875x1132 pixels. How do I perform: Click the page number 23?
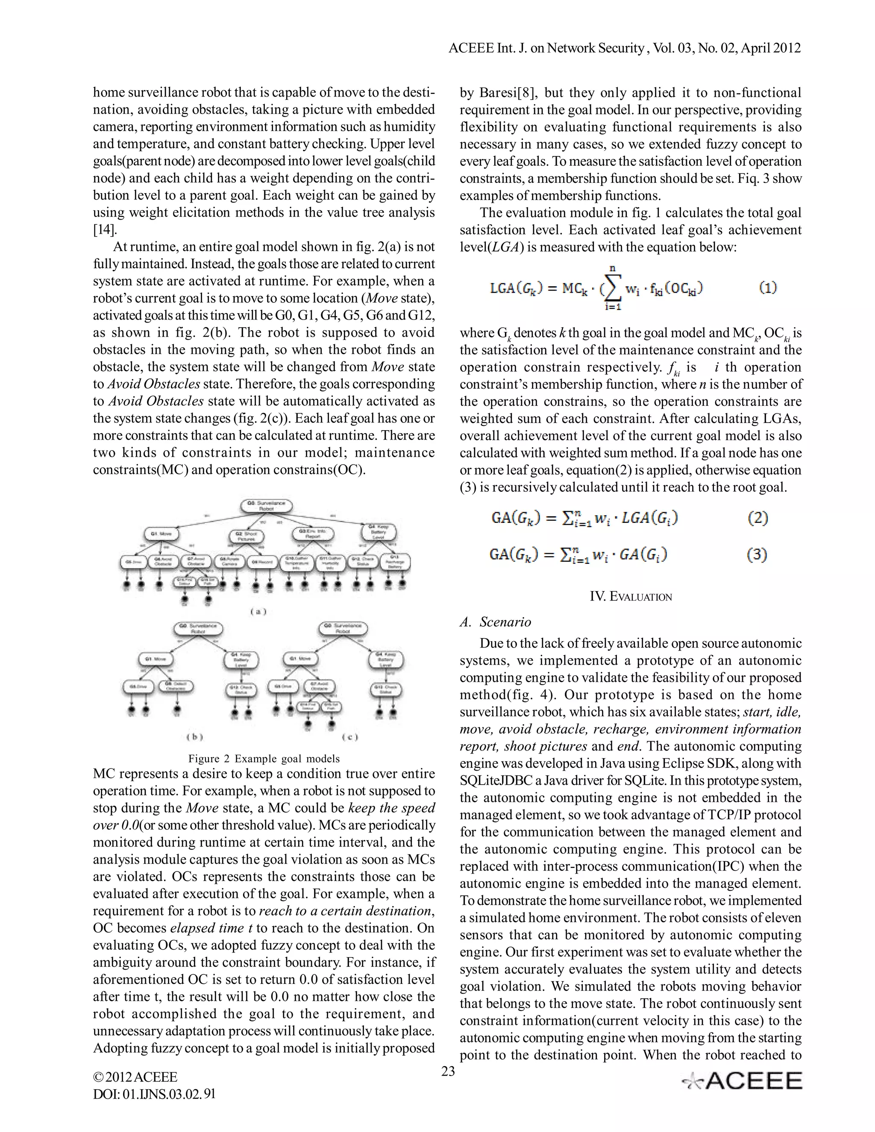tap(448, 1071)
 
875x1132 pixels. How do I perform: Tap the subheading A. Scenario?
tap(495, 622)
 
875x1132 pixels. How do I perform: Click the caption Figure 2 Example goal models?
tap(264, 759)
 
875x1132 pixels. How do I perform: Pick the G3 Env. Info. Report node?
tap(313, 534)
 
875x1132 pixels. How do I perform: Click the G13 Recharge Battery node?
tap(396, 563)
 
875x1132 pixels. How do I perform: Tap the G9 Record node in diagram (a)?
tap(262, 562)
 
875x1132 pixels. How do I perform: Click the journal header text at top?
tap(624, 48)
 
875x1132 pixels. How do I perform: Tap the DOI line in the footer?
tap(154, 1094)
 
